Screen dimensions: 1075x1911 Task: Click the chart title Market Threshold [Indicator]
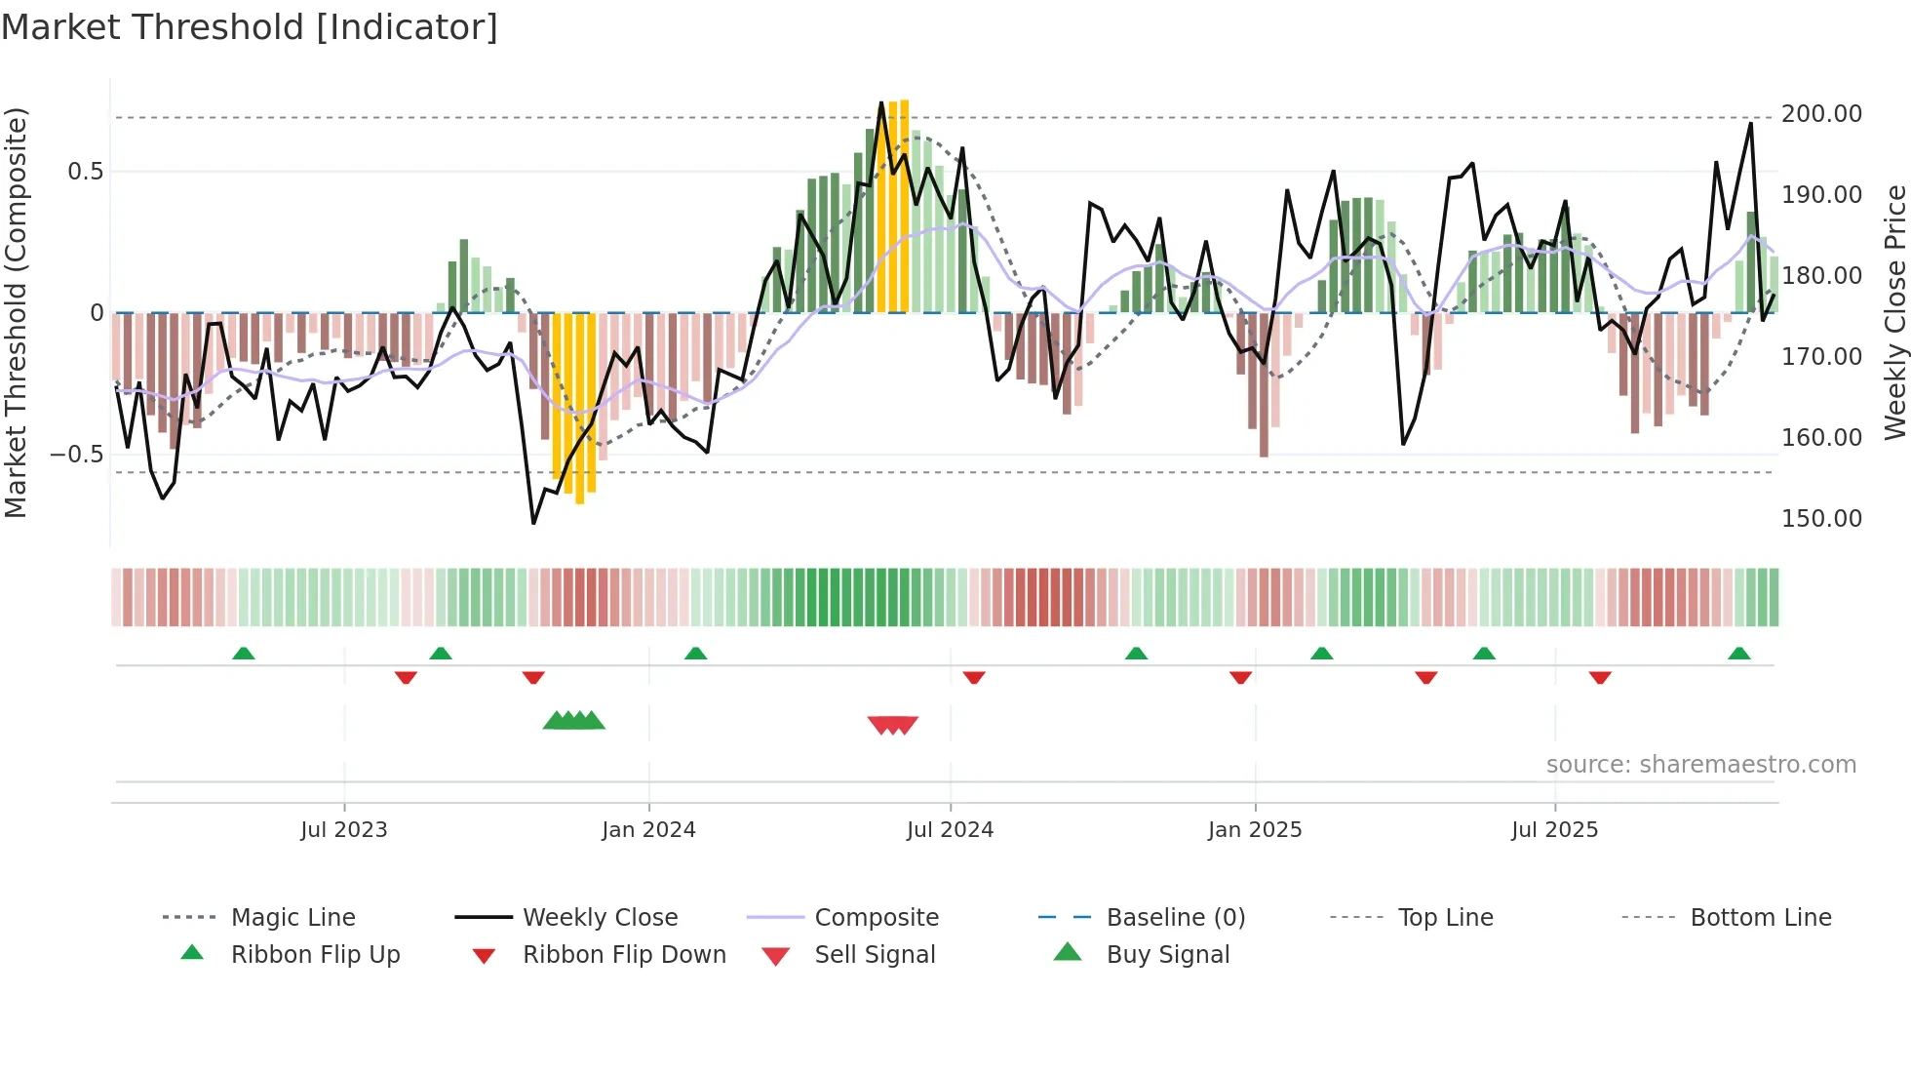coord(250,27)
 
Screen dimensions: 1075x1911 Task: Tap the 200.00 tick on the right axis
coord(1820,114)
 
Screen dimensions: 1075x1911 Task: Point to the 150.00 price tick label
coord(1820,519)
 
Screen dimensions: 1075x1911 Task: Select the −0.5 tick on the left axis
coord(76,455)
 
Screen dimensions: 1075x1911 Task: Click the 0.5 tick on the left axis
coord(85,172)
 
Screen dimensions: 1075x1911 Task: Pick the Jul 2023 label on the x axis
coord(343,830)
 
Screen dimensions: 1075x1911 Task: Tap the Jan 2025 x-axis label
coord(1254,830)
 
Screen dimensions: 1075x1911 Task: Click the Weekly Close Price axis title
coord(1894,312)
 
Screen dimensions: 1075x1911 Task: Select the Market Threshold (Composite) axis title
coord(16,312)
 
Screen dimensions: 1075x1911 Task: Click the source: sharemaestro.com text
coord(1700,765)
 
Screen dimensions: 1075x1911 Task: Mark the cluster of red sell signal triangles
coord(893,725)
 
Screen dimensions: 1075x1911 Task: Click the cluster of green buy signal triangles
coord(574,721)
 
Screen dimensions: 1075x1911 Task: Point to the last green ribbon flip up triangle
coord(1738,654)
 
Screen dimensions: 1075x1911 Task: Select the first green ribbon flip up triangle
coord(244,654)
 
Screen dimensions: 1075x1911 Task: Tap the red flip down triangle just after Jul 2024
coord(974,677)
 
